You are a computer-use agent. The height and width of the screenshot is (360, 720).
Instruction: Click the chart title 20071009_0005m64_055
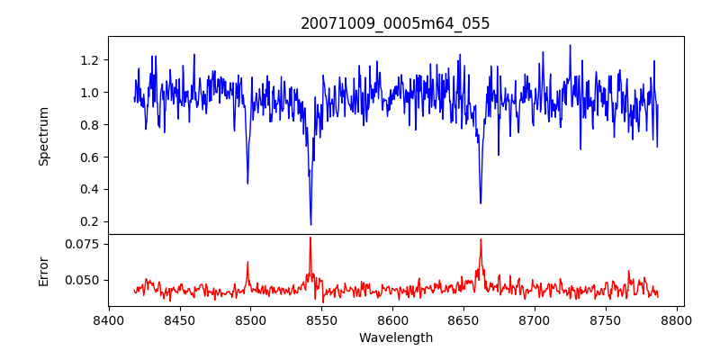point(395,23)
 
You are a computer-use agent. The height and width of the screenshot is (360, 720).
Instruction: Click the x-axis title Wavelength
point(395,337)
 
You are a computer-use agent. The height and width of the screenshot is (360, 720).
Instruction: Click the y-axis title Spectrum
point(43,136)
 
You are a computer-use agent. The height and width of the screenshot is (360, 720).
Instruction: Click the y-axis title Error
point(43,270)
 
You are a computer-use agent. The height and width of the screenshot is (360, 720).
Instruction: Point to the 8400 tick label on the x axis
point(109,319)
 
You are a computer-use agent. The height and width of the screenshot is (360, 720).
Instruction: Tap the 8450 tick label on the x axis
point(179,319)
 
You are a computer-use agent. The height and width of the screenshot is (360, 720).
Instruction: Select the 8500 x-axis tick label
point(250,319)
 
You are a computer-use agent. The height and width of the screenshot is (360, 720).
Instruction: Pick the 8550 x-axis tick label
point(321,319)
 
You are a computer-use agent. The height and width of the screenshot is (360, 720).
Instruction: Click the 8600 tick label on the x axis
point(392,319)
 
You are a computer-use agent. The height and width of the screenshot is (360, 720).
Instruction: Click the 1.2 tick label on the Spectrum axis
point(88,60)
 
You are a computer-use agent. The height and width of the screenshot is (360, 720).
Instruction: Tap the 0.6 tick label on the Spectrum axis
point(88,157)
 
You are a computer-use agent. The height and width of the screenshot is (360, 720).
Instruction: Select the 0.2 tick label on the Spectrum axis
point(88,221)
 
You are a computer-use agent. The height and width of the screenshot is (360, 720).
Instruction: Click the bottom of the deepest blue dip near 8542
point(310,224)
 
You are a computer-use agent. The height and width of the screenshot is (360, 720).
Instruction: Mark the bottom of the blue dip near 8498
point(247,184)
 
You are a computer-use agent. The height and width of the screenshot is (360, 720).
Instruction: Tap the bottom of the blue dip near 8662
point(481,203)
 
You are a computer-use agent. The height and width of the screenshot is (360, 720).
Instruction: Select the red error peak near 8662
point(481,239)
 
